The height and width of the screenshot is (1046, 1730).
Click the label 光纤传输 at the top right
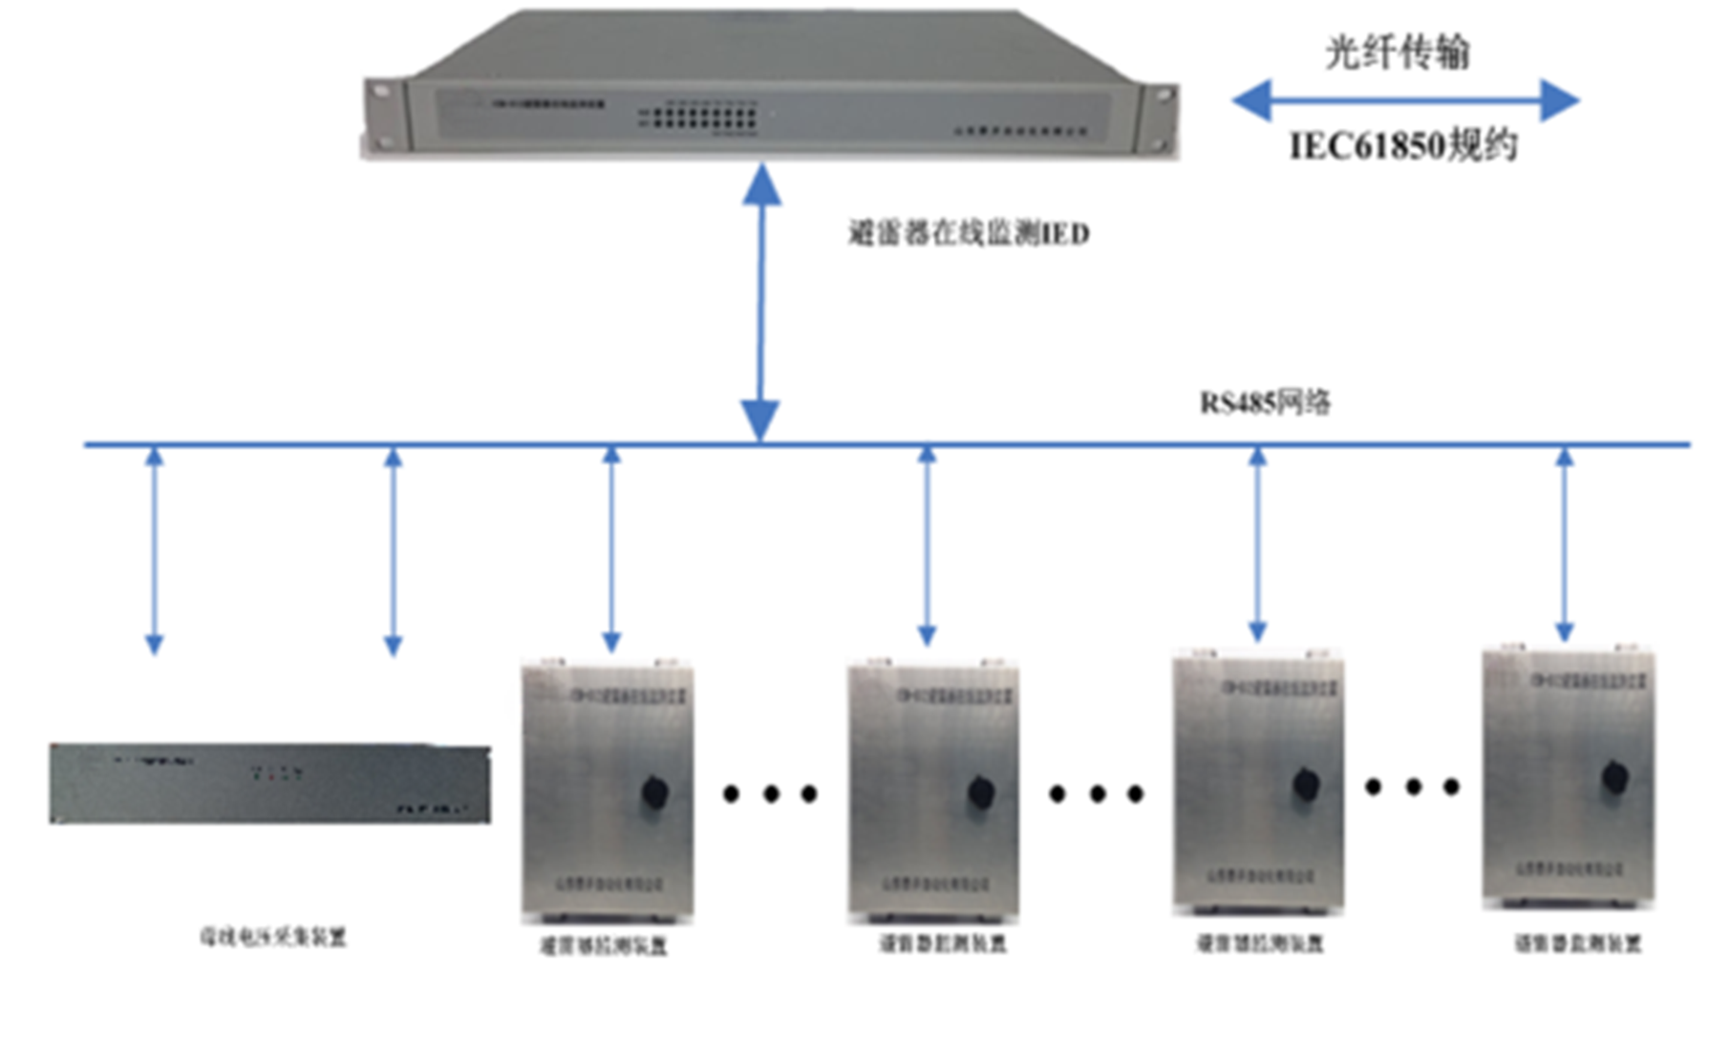point(1397,52)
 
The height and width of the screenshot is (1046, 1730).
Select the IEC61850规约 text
point(1403,146)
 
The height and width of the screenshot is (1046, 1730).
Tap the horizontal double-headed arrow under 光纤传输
point(1404,100)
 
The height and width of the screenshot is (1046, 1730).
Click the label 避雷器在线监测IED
point(969,233)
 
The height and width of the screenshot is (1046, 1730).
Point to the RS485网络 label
point(1265,402)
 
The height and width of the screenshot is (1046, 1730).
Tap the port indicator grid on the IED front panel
point(698,117)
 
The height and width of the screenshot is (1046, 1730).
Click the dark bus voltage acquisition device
point(269,783)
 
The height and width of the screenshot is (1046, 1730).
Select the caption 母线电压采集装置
point(272,936)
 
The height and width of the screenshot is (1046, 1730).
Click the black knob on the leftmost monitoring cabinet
point(654,792)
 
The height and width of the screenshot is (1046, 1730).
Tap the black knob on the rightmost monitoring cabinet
point(1614,778)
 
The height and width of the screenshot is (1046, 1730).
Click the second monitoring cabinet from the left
point(933,791)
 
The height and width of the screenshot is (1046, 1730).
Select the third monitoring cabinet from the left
point(1258,781)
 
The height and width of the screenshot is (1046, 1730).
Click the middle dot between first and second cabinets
point(770,793)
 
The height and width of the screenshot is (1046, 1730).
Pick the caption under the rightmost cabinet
point(1577,943)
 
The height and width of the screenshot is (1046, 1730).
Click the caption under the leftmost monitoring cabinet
point(603,946)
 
